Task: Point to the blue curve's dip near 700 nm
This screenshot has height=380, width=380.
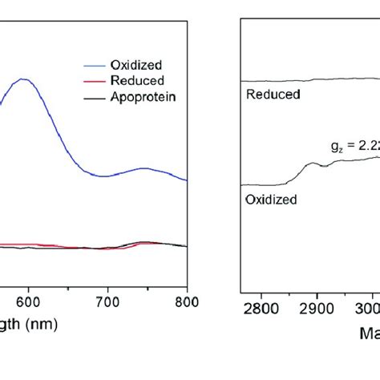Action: click(x=104, y=176)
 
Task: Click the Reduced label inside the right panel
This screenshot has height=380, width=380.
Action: click(x=273, y=95)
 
